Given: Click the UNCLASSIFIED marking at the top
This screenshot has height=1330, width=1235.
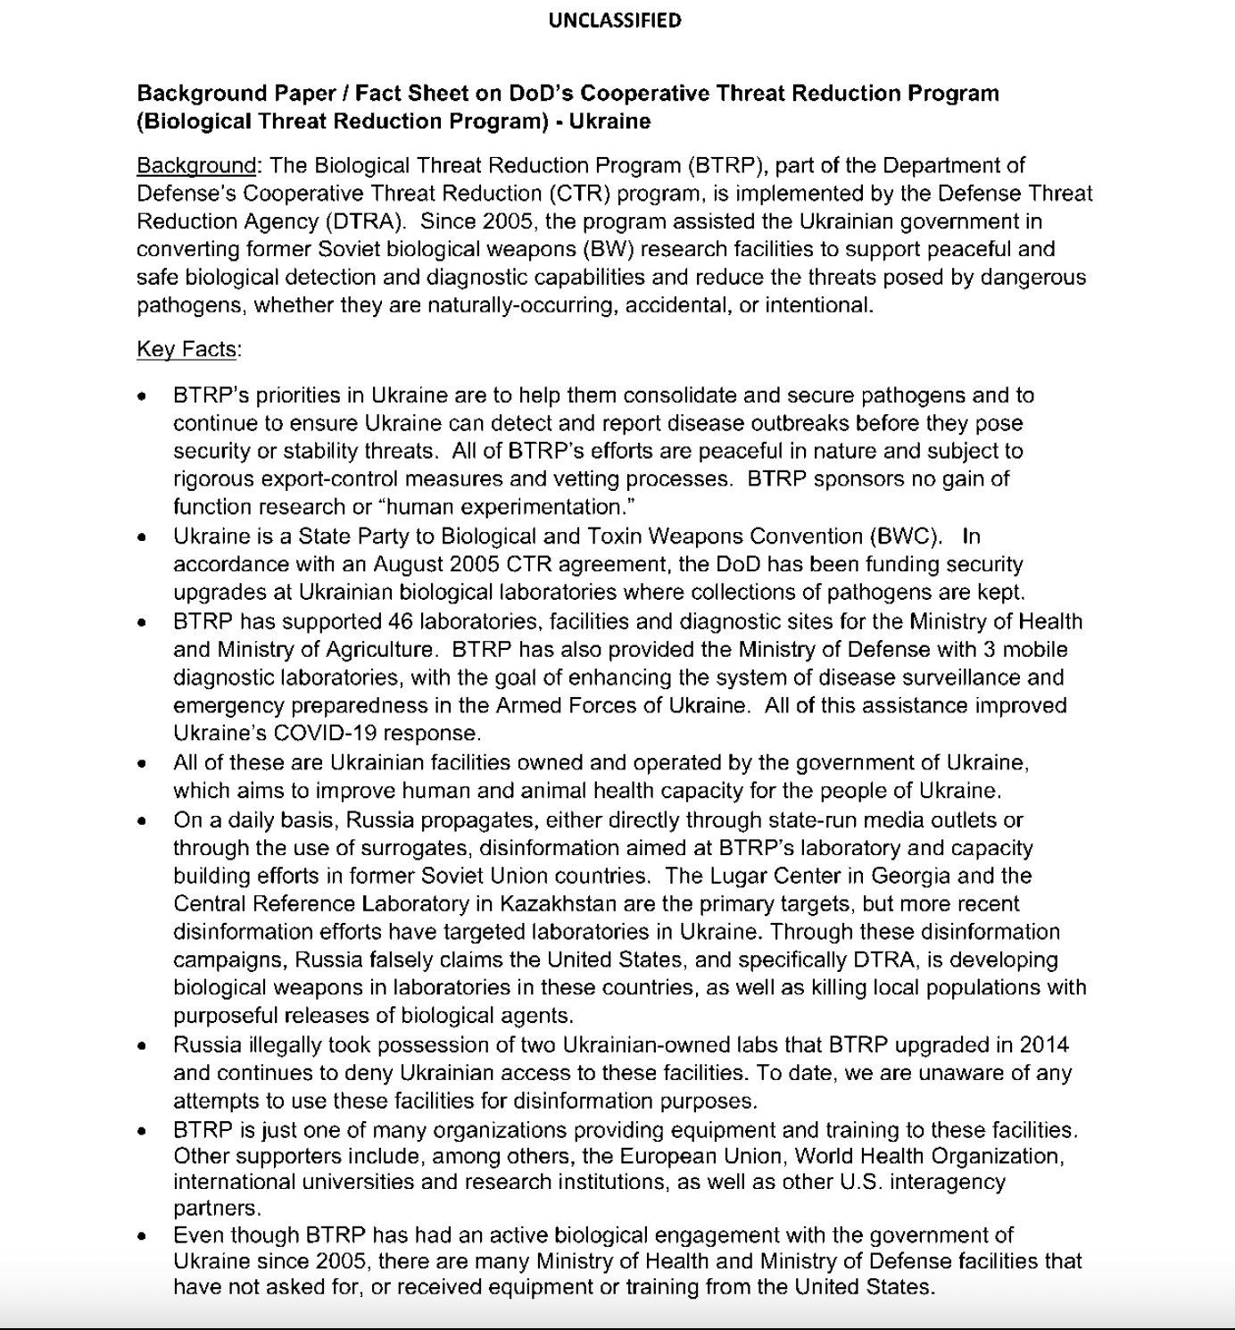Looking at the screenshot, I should tap(615, 21).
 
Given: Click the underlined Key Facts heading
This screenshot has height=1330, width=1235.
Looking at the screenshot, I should tap(187, 349).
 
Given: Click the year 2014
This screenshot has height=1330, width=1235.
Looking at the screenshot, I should tap(1044, 1045).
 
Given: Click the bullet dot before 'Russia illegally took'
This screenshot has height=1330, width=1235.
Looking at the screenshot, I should tap(142, 1046).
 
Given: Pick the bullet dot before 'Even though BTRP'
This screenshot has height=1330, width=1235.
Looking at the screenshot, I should tap(142, 1237).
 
